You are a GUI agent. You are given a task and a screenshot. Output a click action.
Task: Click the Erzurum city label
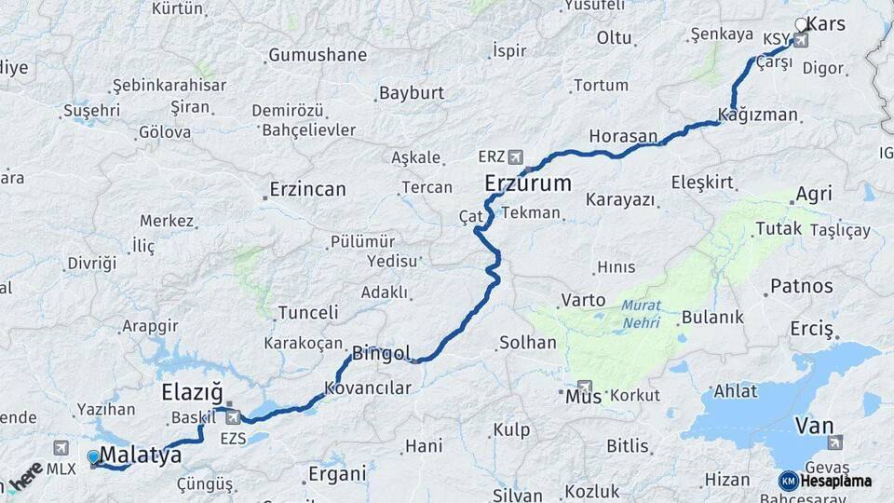point(527,184)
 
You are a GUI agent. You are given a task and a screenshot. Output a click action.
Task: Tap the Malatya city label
point(140,455)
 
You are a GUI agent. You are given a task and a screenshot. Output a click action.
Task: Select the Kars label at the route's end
point(825,23)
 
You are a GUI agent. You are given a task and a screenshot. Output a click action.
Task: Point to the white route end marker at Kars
point(801,24)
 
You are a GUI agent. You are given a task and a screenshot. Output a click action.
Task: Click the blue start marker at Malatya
point(93,457)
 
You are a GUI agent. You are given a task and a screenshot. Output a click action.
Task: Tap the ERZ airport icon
point(516,156)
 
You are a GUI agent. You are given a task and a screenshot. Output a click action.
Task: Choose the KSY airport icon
point(800,40)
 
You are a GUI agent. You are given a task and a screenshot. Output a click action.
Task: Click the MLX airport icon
point(61,448)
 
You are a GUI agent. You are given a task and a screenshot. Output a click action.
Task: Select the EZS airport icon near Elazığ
point(232,417)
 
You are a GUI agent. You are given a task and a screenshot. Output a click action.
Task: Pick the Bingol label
point(380,354)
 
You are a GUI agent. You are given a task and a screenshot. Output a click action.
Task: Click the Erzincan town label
point(307,189)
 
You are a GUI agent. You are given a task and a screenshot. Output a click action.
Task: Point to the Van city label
point(814,427)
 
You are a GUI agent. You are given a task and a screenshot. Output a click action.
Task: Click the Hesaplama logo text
point(835,481)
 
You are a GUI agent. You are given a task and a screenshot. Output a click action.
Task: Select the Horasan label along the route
point(623,136)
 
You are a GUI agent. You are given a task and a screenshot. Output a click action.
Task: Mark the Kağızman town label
point(758,115)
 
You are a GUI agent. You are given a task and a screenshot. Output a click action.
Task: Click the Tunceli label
point(308,312)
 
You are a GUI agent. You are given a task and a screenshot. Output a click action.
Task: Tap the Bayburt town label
point(411,93)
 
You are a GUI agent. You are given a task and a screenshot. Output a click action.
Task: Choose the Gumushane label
point(318,55)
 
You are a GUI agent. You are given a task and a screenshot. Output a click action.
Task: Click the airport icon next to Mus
point(585,387)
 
